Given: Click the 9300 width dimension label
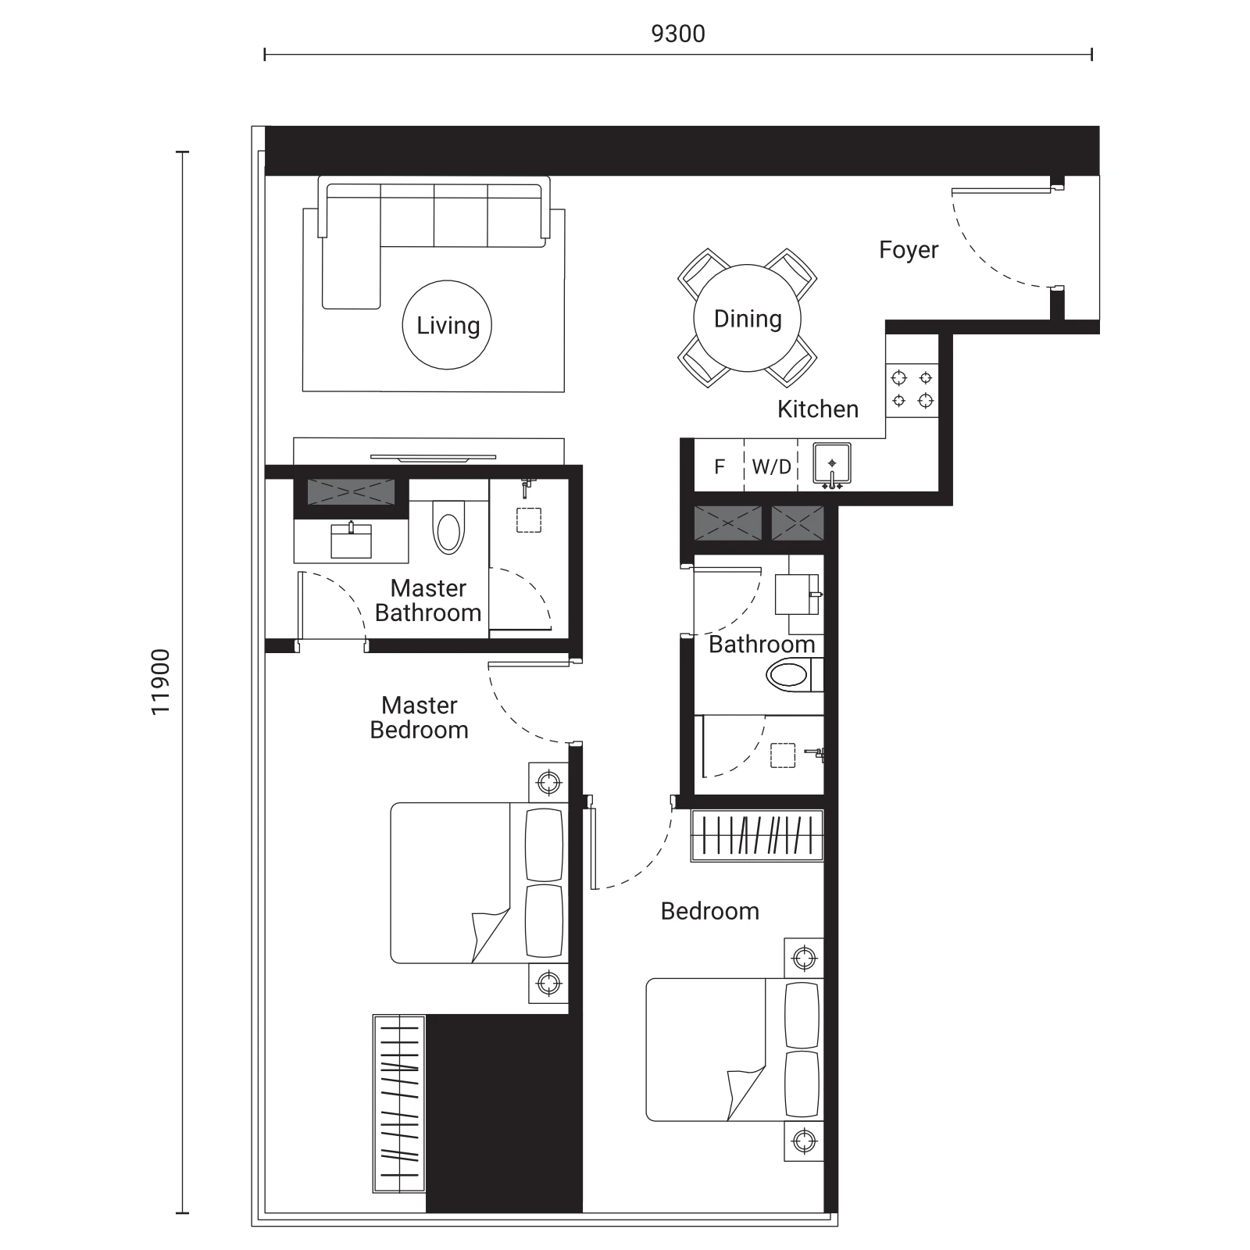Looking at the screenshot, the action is coord(678,34).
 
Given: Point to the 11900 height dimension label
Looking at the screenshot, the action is coord(160,682).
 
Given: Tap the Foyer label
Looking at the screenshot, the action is coord(909,250).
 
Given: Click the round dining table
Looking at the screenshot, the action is coord(748,318).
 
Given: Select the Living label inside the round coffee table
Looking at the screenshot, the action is coord(448,325).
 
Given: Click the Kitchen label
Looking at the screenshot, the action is coord(818,409).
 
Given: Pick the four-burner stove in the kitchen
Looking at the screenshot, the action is coord(912,390).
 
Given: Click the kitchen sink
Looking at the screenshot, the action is coord(832,465).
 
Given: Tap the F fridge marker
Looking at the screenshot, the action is coord(720,467).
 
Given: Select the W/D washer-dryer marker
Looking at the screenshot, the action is coord(771,467).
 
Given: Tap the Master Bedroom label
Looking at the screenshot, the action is coord(420,717).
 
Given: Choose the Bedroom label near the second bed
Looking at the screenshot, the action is coord(709,911).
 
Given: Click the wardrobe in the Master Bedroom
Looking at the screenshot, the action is coord(399,1103).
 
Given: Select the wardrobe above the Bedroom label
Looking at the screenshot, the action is coord(757,835).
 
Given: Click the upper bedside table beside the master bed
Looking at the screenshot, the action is coord(548,782).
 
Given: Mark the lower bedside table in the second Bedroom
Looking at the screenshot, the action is coord(804,1141).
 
